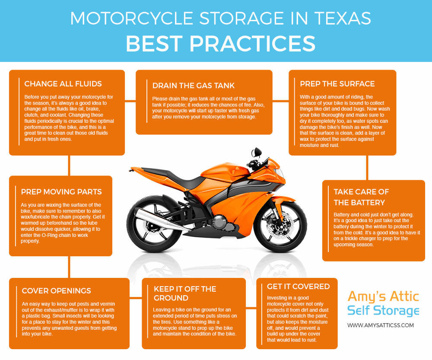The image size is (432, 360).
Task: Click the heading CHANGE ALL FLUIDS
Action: (x=63, y=84)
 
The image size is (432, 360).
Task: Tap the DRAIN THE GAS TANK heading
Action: (x=194, y=86)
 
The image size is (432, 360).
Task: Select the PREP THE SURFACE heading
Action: (x=337, y=84)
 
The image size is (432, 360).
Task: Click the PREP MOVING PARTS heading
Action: (x=61, y=192)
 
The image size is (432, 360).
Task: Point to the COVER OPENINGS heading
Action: (x=56, y=291)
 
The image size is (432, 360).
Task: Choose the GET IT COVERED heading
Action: (x=298, y=287)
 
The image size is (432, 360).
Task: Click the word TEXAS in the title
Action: (x=343, y=19)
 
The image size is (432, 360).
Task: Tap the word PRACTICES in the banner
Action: (x=252, y=44)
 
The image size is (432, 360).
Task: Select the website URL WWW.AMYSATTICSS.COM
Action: (x=381, y=325)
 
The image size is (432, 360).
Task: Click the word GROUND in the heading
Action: (x=171, y=298)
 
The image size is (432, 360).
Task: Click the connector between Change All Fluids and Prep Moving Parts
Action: (x=69, y=166)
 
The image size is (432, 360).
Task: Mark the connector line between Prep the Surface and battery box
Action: (x=367, y=168)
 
